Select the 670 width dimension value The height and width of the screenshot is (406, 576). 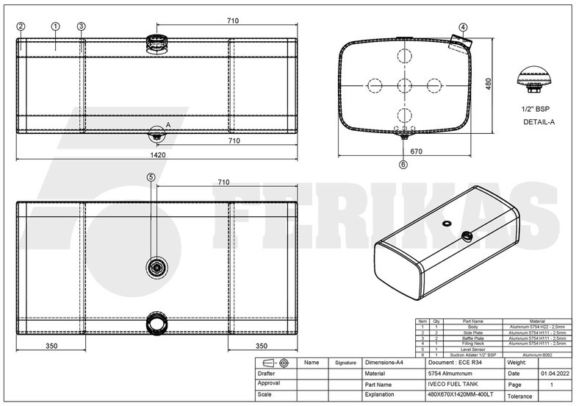click(416, 152)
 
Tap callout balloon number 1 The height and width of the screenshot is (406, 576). click(56, 26)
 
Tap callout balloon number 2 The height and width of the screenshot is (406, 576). click(21, 26)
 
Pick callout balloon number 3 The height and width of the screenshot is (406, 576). click(81, 26)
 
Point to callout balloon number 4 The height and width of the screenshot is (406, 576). click(463, 27)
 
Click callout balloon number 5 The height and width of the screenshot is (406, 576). click(151, 177)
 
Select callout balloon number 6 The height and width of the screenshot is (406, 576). click(403, 164)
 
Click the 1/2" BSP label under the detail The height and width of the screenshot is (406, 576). click(537, 109)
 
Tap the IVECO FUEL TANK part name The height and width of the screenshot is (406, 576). click(450, 384)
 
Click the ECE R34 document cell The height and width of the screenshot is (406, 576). click(455, 363)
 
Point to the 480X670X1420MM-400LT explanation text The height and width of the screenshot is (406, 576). click(461, 395)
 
